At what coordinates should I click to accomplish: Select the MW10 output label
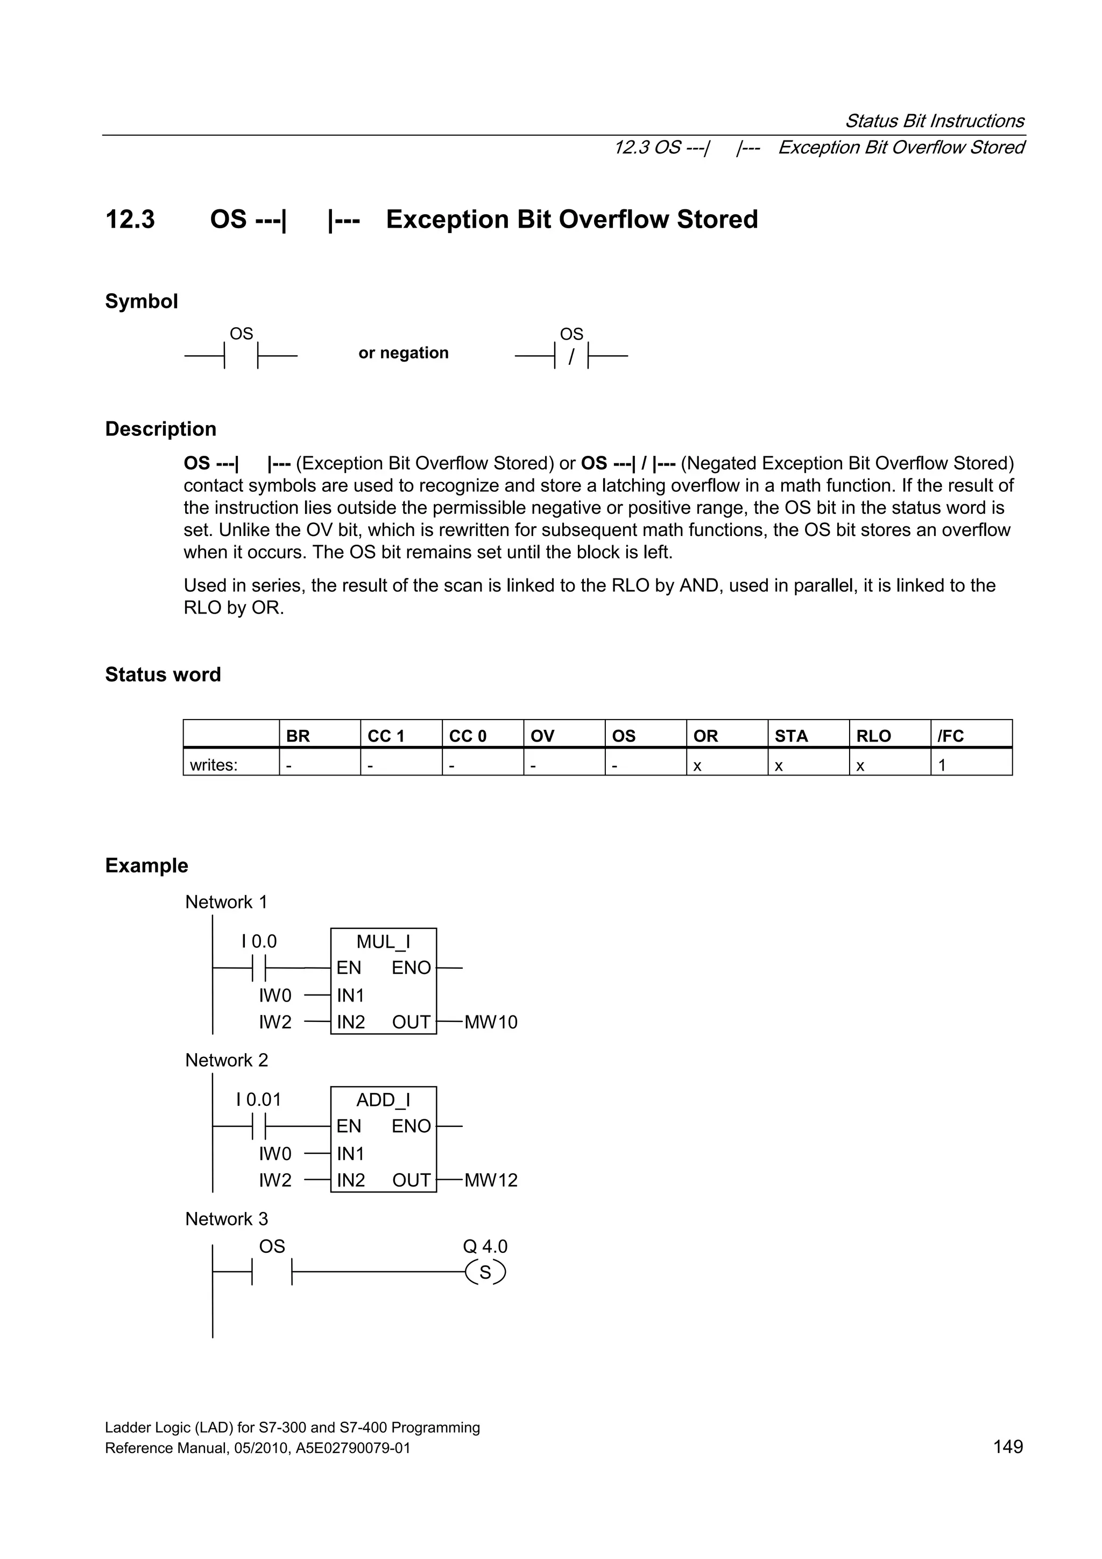pyautogui.click(x=490, y=1022)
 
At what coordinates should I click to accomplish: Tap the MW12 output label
pyautogui.click(x=490, y=1181)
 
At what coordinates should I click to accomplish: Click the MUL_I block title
pyautogui.click(x=383, y=942)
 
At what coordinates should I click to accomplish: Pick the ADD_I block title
pyautogui.click(x=383, y=1100)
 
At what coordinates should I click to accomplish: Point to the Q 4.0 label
pyautogui.click(x=485, y=1247)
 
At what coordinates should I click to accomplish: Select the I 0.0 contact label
pyautogui.click(x=259, y=942)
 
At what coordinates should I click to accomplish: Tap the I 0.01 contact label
pyautogui.click(x=258, y=1100)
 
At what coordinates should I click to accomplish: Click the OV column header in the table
pyautogui.click(x=542, y=736)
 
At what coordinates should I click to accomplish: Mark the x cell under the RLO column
pyautogui.click(x=860, y=766)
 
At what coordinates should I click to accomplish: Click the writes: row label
pyautogui.click(x=213, y=765)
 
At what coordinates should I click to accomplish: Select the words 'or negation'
pyautogui.click(x=404, y=353)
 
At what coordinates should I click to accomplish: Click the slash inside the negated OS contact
pyautogui.click(x=571, y=356)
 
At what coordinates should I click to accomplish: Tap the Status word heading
pyautogui.click(x=163, y=674)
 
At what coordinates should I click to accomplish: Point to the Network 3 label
pyautogui.click(x=226, y=1219)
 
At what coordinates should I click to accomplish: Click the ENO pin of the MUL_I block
pyautogui.click(x=411, y=968)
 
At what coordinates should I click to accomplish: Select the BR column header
pyautogui.click(x=298, y=736)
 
